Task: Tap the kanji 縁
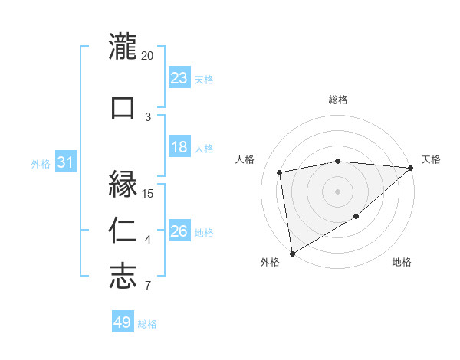(x=123, y=185)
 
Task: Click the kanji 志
(x=123, y=276)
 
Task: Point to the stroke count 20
(x=148, y=56)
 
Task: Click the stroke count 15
(x=148, y=194)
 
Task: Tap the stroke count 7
(x=148, y=286)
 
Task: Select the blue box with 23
(x=179, y=77)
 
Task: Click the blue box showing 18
(x=179, y=147)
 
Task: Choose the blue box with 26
(x=179, y=231)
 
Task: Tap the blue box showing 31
(x=65, y=162)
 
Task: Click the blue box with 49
(x=123, y=322)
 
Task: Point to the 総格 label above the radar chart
(x=338, y=100)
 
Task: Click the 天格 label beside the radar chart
(x=432, y=159)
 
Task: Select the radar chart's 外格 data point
(x=291, y=253)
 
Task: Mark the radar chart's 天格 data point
(x=411, y=168)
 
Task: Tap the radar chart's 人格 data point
(x=280, y=172)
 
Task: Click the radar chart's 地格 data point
(x=356, y=218)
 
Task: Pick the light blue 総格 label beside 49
(x=147, y=324)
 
